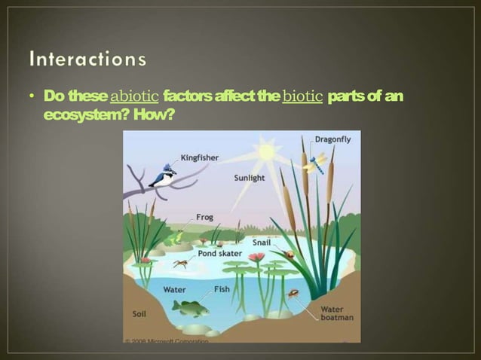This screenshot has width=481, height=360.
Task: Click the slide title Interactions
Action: click(x=89, y=58)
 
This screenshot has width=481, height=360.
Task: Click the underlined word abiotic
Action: click(x=134, y=96)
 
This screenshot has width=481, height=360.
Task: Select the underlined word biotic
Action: click(x=302, y=96)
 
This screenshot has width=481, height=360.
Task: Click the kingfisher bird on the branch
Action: click(x=162, y=176)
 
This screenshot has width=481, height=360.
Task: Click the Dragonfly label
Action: click(x=332, y=139)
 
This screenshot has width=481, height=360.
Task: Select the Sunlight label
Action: click(x=250, y=178)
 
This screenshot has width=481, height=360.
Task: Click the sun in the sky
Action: click(x=265, y=151)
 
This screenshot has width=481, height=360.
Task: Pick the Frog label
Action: click(x=204, y=217)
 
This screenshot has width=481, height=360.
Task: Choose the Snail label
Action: click(x=261, y=242)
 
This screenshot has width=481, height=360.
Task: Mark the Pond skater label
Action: click(x=219, y=254)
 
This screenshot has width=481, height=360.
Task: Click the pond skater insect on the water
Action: click(x=181, y=264)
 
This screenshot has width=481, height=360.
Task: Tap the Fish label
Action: click(x=222, y=288)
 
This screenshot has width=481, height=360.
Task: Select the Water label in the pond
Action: click(x=175, y=289)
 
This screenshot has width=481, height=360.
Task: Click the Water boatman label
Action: click(x=332, y=313)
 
